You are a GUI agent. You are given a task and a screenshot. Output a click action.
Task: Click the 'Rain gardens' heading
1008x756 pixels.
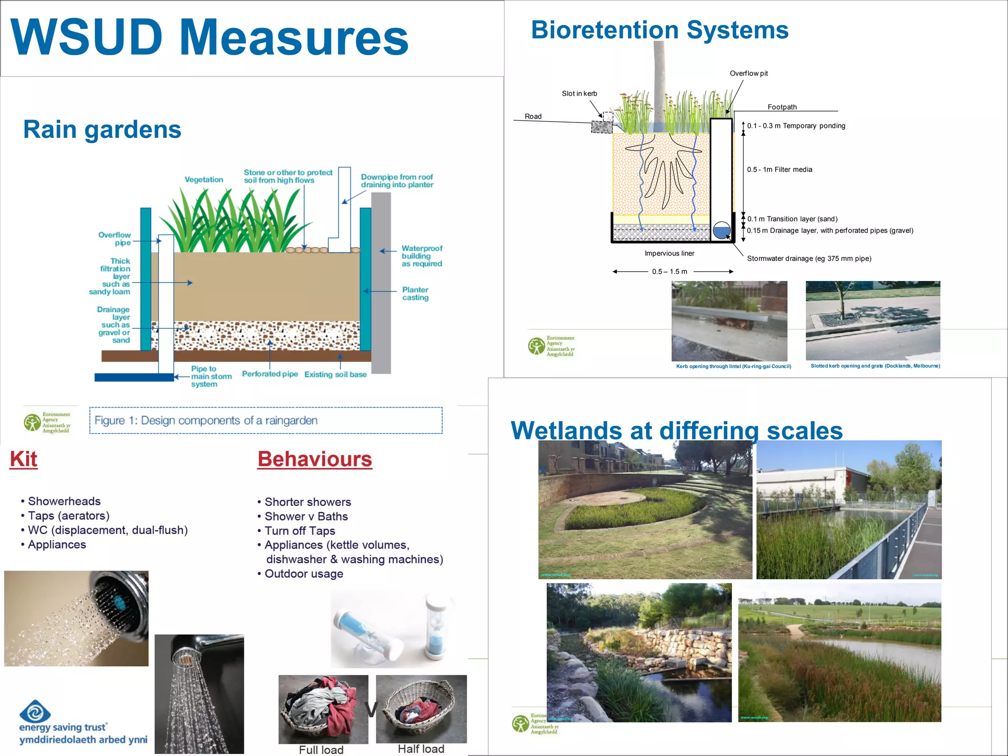click(x=102, y=129)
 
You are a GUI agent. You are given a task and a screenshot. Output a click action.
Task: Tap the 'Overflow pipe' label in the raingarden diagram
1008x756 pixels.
click(x=115, y=239)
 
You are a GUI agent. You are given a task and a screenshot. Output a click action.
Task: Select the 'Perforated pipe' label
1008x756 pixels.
click(x=270, y=374)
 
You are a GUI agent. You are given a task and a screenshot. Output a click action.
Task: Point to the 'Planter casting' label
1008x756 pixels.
click(x=415, y=293)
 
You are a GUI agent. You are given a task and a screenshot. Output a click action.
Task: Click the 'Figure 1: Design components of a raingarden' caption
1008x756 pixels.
click(x=206, y=420)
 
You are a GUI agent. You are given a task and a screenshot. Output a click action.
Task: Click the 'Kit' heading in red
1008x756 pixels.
click(x=24, y=459)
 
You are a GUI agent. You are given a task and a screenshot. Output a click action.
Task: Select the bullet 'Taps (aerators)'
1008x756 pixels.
click(x=68, y=516)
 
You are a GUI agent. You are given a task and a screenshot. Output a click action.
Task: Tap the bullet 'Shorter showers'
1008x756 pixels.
click(x=307, y=502)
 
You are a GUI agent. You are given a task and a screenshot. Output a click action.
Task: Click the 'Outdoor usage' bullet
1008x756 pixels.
click(x=303, y=574)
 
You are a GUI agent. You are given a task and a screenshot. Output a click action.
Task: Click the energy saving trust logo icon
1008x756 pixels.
click(x=35, y=711)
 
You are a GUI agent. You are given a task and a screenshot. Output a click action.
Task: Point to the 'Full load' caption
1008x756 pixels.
click(x=321, y=750)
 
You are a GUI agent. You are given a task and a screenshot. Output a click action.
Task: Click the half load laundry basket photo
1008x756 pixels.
click(x=421, y=709)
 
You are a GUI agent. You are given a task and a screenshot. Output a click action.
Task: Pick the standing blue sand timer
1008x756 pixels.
click(x=435, y=628)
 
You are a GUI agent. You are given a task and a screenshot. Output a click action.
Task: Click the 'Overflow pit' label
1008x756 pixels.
click(x=749, y=73)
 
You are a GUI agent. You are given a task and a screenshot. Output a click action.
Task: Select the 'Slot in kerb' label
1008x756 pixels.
click(x=579, y=94)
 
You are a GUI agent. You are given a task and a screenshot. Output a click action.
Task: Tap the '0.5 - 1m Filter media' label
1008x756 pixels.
click(x=779, y=169)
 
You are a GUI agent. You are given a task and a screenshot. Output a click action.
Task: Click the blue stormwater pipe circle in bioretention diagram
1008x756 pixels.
click(x=722, y=230)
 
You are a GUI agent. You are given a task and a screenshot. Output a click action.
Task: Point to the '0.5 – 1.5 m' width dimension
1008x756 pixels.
click(x=670, y=272)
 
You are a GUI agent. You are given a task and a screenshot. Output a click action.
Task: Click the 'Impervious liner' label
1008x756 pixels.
click(x=669, y=253)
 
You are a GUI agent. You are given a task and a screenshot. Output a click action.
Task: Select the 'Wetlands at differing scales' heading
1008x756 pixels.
click(x=676, y=431)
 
